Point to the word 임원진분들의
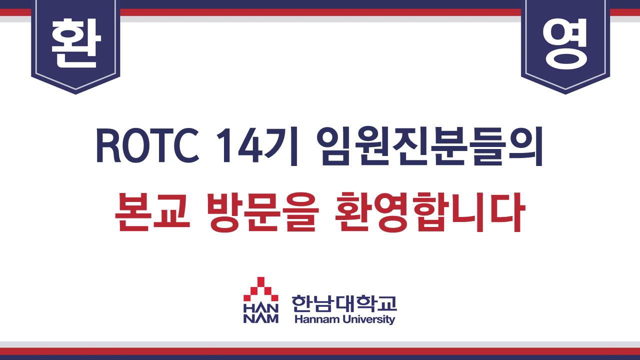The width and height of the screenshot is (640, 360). pos(429,146)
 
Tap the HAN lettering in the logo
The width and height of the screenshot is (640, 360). pos(260,309)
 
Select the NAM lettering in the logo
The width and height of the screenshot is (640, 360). pos(260,318)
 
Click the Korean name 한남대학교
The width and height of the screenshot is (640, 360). pos(344,303)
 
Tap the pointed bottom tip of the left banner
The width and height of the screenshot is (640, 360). pos(75,93)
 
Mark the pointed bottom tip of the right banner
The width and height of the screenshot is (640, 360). pos(565,93)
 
